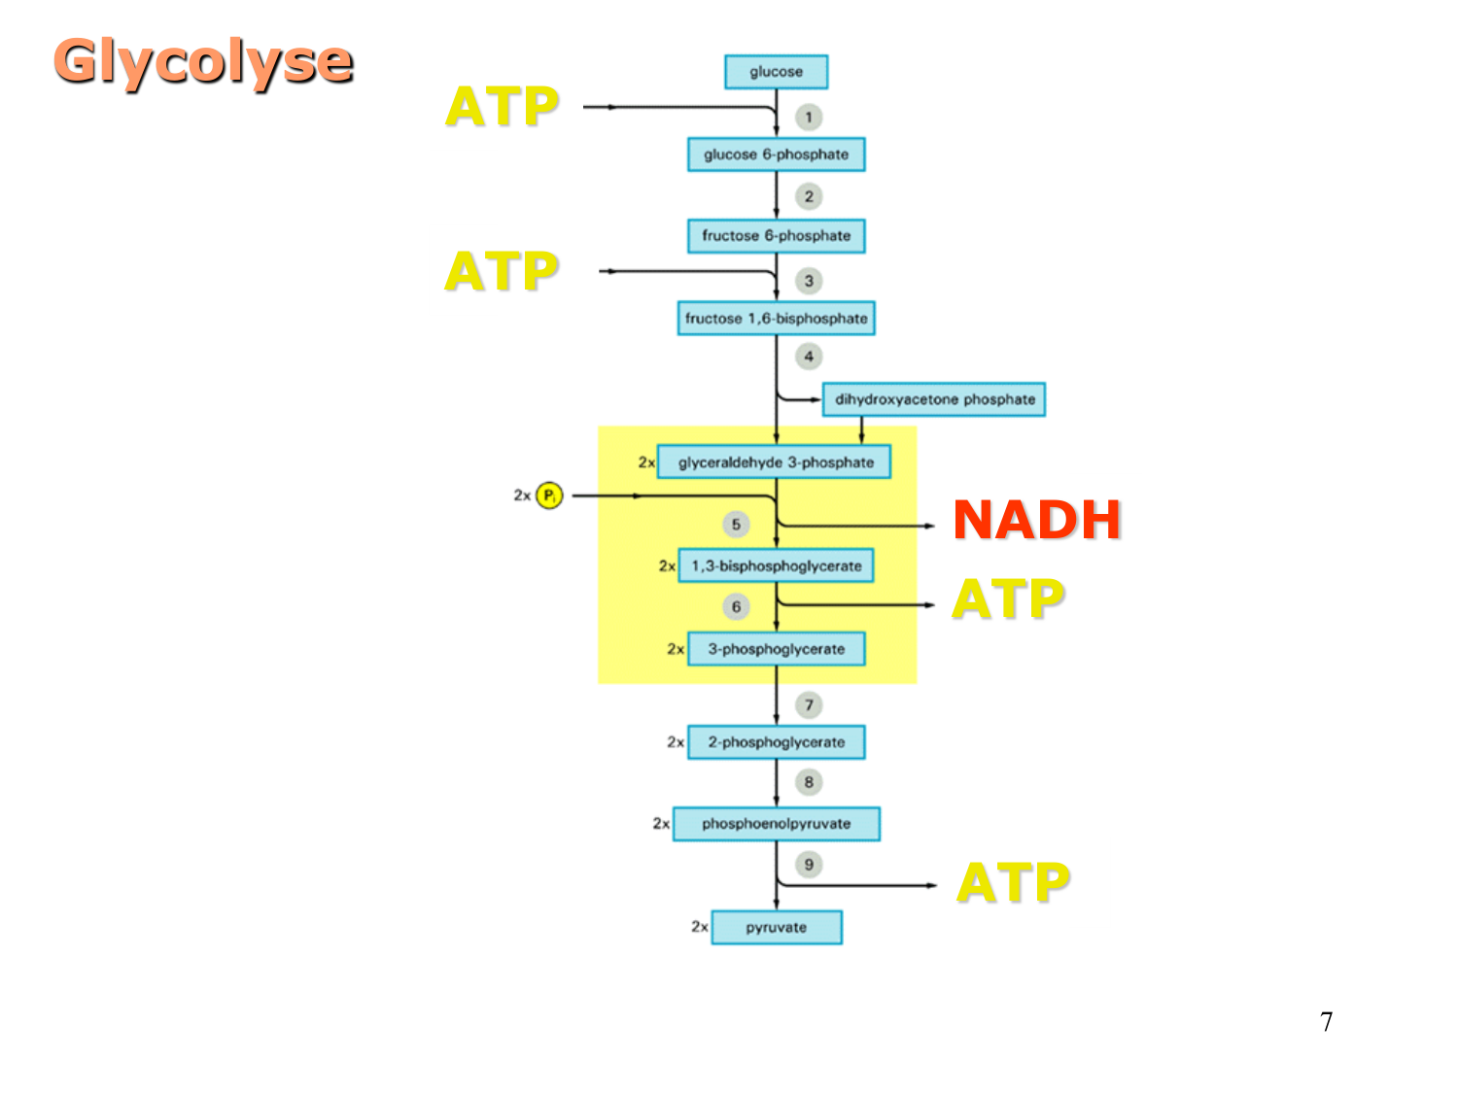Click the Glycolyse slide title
pyautogui.click(x=203, y=61)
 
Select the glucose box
pyautogui.click(x=776, y=72)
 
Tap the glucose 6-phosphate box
pyautogui.click(x=776, y=154)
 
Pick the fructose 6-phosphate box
pyautogui.click(x=776, y=236)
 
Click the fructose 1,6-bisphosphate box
pyautogui.click(x=776, y=319)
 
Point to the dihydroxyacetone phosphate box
pyautogui.click(x=934, y=399)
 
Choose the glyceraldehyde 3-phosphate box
pyautogui.click(x=775, y=462)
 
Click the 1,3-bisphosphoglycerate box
pyautogui.click(x=776, y=565)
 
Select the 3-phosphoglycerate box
pyautogui.click(x=776, y=649)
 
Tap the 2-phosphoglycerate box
pyautogui.click(x=776, y=742)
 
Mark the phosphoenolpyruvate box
pyautogui.click(x=776, y=824)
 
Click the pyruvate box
pyautogui.click(x=776, y=927)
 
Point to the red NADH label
pyautogui.click(x=1036, y=520)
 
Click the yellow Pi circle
pyautogui.click(x=549, y=495)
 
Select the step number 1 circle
pyautogui.click(x=809, y=118)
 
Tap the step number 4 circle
pyautogui.click(x=809, y=357)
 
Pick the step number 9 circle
pyautogui.click(x=809, y=865)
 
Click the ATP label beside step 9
pyautogui.click(x=1013, y=882)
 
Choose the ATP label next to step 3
pyautogui.click(x=502, y=271)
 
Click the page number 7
pyautogui.click(x=1326, y=1022)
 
